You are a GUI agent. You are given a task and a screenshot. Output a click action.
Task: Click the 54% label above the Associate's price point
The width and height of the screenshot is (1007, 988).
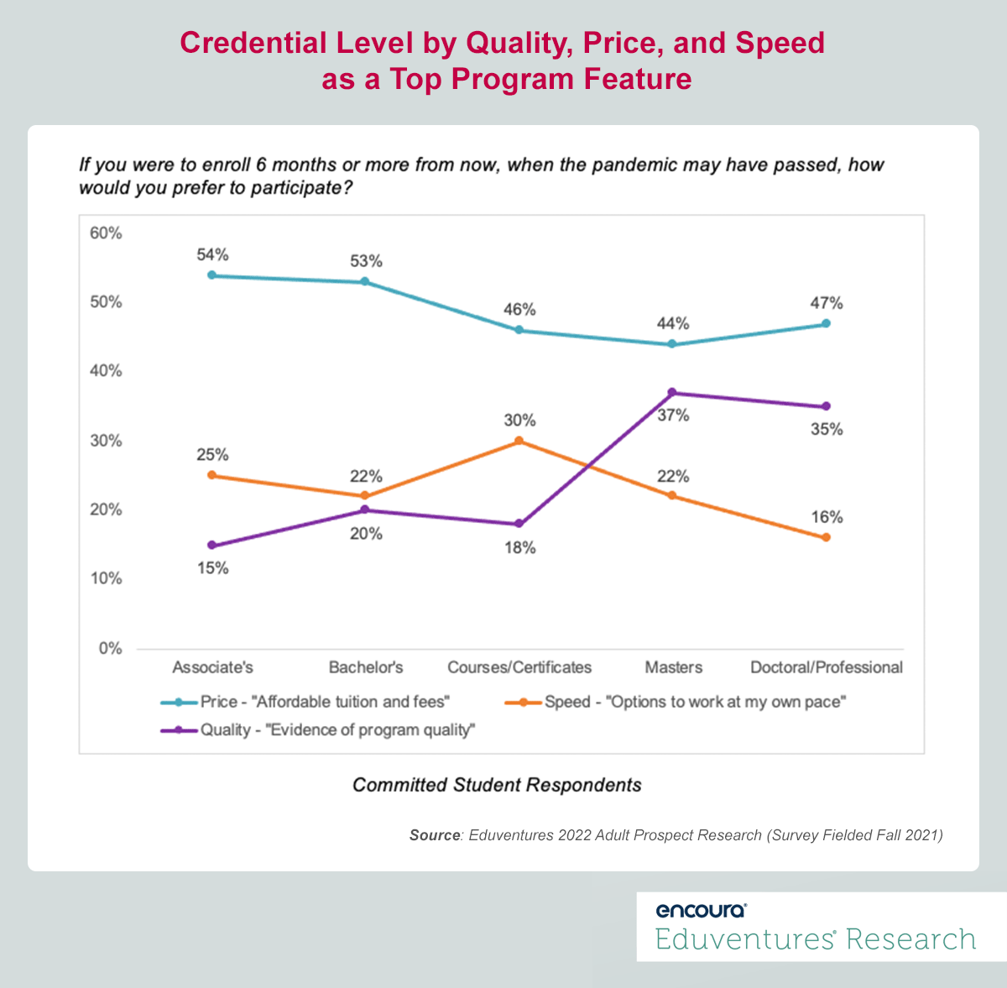[212, 254]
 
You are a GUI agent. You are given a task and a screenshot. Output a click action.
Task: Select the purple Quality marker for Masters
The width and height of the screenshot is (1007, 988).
[672, 392]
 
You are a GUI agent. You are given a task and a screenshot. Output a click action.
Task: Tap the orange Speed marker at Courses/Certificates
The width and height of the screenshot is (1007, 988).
[519, 441]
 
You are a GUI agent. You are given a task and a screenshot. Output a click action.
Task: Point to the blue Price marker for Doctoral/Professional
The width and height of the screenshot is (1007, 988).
[826, 323]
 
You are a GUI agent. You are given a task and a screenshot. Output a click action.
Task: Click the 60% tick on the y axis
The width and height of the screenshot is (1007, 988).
[106, 233]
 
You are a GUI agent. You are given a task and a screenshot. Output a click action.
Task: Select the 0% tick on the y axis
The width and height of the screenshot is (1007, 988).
[110, 648]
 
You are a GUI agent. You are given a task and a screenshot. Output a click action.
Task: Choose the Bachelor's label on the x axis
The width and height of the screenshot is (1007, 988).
[366, 667]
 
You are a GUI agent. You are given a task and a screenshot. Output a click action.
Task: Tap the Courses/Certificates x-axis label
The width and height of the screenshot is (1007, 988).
[519, 667]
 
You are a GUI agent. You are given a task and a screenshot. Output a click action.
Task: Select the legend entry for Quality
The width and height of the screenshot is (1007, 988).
[319, 730]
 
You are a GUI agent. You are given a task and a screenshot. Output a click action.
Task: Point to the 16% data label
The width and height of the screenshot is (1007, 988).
[827, 517]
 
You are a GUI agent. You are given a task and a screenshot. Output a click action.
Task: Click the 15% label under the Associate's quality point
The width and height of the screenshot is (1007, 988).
[212, 568]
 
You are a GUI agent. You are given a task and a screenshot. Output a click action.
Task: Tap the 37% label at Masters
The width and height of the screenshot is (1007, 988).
[673, 415]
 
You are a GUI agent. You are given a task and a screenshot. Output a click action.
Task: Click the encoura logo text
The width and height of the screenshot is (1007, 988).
[700, 910]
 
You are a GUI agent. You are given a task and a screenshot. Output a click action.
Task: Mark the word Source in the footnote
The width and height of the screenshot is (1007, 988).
[434, 835]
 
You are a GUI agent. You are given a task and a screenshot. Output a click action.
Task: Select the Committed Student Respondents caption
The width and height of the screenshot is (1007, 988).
[497, 785]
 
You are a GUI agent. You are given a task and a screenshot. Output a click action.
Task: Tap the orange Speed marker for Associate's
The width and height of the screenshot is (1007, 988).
[211, 475]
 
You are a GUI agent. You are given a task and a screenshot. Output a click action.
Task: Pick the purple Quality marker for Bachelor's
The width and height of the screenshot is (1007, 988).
[365, 510]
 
